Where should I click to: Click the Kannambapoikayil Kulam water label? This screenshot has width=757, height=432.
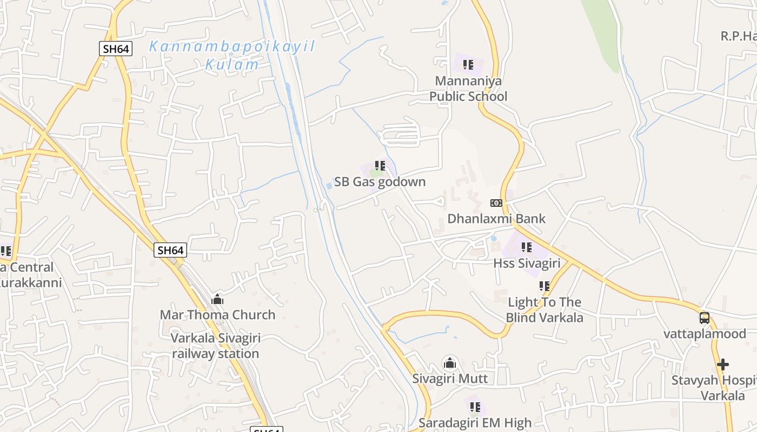(x=232, y=55)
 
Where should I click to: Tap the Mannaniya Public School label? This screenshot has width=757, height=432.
(x=468, y=89)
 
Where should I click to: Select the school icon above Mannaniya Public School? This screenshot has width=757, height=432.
(x=468, y=65)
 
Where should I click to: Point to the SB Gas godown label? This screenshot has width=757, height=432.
(x=380, y=182)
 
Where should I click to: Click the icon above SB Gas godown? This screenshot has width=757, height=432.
(x=380, y=166)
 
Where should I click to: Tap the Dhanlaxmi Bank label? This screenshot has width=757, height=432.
(x=496, y=219)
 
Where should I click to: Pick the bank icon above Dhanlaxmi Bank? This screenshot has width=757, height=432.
(x=496, y=203)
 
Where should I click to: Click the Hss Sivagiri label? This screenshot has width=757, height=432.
(x=526, y=263)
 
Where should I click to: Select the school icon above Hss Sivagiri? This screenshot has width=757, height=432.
(x=526, y=247)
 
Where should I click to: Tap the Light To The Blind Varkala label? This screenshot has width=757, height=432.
(x=544, y=310)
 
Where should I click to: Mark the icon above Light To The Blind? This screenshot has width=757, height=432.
(x=544, y=286)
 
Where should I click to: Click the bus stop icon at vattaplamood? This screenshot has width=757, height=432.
(x=705, y=318)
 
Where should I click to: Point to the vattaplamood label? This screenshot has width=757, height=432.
(x=705, y=334)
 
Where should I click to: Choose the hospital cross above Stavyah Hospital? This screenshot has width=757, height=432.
(x=723, y=364)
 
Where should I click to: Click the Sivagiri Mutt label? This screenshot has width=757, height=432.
(x=450, y=379)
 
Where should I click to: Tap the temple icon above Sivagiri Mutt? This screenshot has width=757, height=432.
(x=450, y=363)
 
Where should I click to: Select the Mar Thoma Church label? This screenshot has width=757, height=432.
(x=217, y=315)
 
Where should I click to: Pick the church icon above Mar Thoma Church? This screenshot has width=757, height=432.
(x=217, y=299)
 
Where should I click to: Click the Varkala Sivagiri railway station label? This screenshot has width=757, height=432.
(x=216, y=346)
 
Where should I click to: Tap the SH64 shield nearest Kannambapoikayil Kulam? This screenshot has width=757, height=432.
(x=116, y=49)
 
